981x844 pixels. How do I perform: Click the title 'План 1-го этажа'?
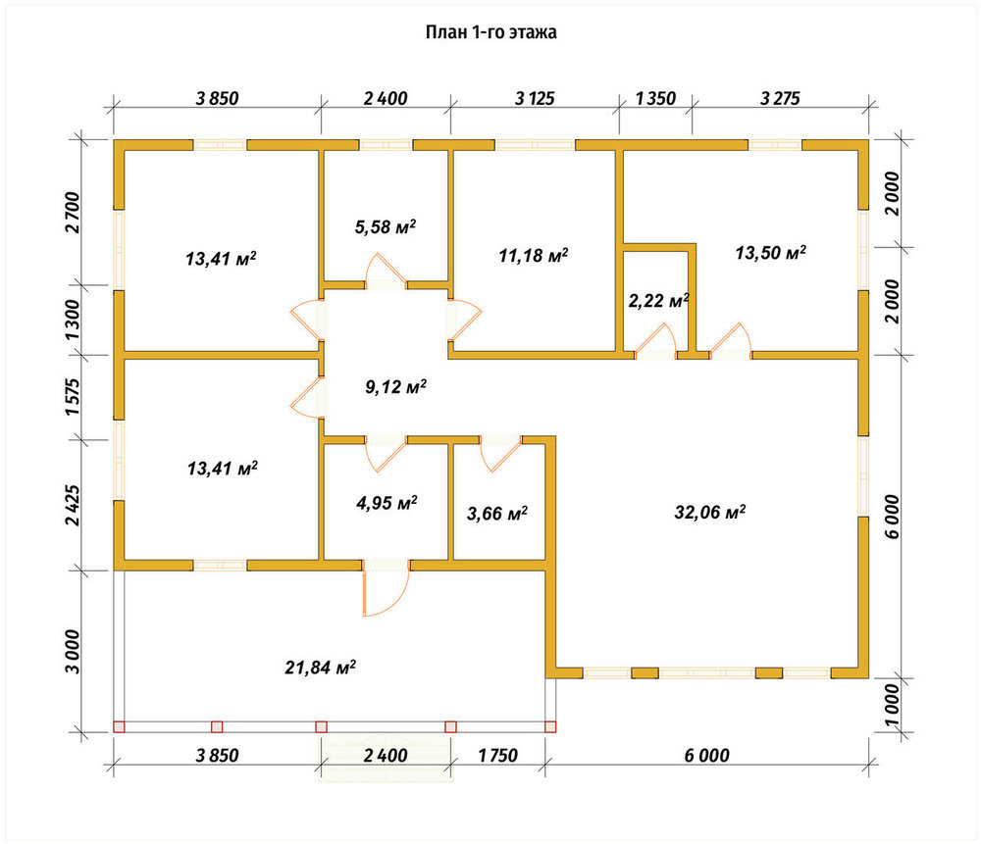(491, 32)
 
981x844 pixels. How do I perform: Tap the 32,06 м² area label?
(709, 513)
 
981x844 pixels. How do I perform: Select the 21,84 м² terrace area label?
(321, 668)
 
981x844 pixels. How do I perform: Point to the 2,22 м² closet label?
(658, 301)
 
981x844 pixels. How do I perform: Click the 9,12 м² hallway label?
(395, 387)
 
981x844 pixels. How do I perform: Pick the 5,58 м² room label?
(386, 226)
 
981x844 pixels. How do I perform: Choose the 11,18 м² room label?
(533, 255)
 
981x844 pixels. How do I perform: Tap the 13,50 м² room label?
(770, 253)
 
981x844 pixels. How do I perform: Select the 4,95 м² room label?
(387, 503)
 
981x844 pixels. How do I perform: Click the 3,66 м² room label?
(496, 514)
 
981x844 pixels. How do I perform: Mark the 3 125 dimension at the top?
(535, 98)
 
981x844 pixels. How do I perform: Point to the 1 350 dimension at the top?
(655, 98)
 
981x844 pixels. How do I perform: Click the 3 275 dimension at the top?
(780, 98)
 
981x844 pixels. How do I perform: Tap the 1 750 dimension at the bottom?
(498, 755)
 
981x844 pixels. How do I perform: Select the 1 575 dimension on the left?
(73, 397)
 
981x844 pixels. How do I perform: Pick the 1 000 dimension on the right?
(891, 705)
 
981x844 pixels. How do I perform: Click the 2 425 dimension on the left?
(73, 505)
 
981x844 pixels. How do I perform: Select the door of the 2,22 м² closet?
(655, 341)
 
